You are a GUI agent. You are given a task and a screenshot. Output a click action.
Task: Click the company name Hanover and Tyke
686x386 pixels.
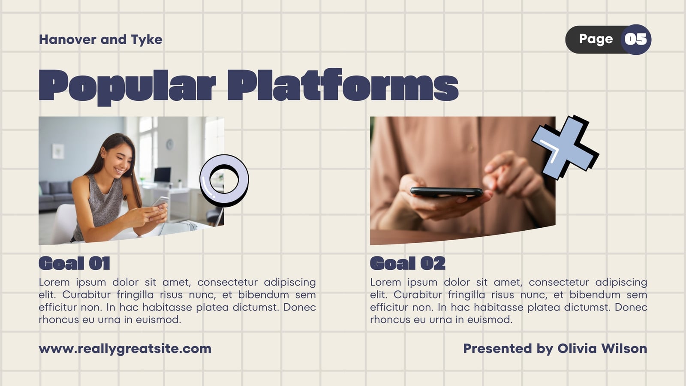pyautogui.click(x=100, y=39)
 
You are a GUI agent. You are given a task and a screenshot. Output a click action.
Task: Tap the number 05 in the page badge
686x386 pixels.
pyautogui.click(x=636, y=39)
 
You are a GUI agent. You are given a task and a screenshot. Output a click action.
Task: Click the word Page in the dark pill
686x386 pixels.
pyautogui.click(x=596, y=39)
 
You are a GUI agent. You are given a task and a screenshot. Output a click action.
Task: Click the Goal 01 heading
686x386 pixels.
pyautogui.click(x=75, y=263)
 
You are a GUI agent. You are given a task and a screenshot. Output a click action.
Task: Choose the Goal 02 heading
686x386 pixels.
pyautogui.click(x=408, y=263)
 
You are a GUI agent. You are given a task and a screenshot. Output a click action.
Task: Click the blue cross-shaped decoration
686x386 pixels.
pyautogui.click(x=565, y=148)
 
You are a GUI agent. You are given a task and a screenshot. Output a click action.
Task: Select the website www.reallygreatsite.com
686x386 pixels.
pyautogui.click(x=125, y=349)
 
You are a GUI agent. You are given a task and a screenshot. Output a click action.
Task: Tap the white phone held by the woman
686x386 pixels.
pyautogui.click(x=160, y=202)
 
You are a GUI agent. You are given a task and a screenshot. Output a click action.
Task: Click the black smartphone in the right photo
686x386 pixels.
pyautogui.click(x=446, y=191)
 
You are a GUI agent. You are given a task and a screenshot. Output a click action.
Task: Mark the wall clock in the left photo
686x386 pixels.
pyautogui.click(x=170, y=144)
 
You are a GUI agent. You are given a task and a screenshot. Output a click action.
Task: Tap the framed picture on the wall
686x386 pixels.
pyautogui.click(x=58, y=151)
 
